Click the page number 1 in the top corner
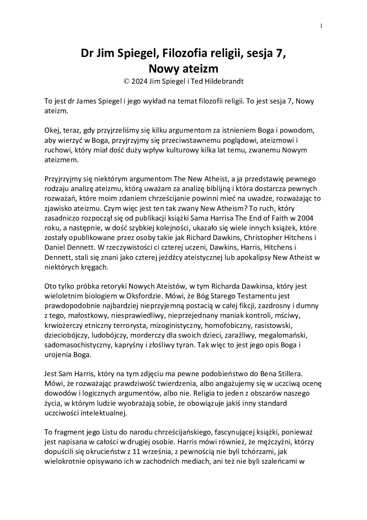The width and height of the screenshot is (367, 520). click(322, 25)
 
